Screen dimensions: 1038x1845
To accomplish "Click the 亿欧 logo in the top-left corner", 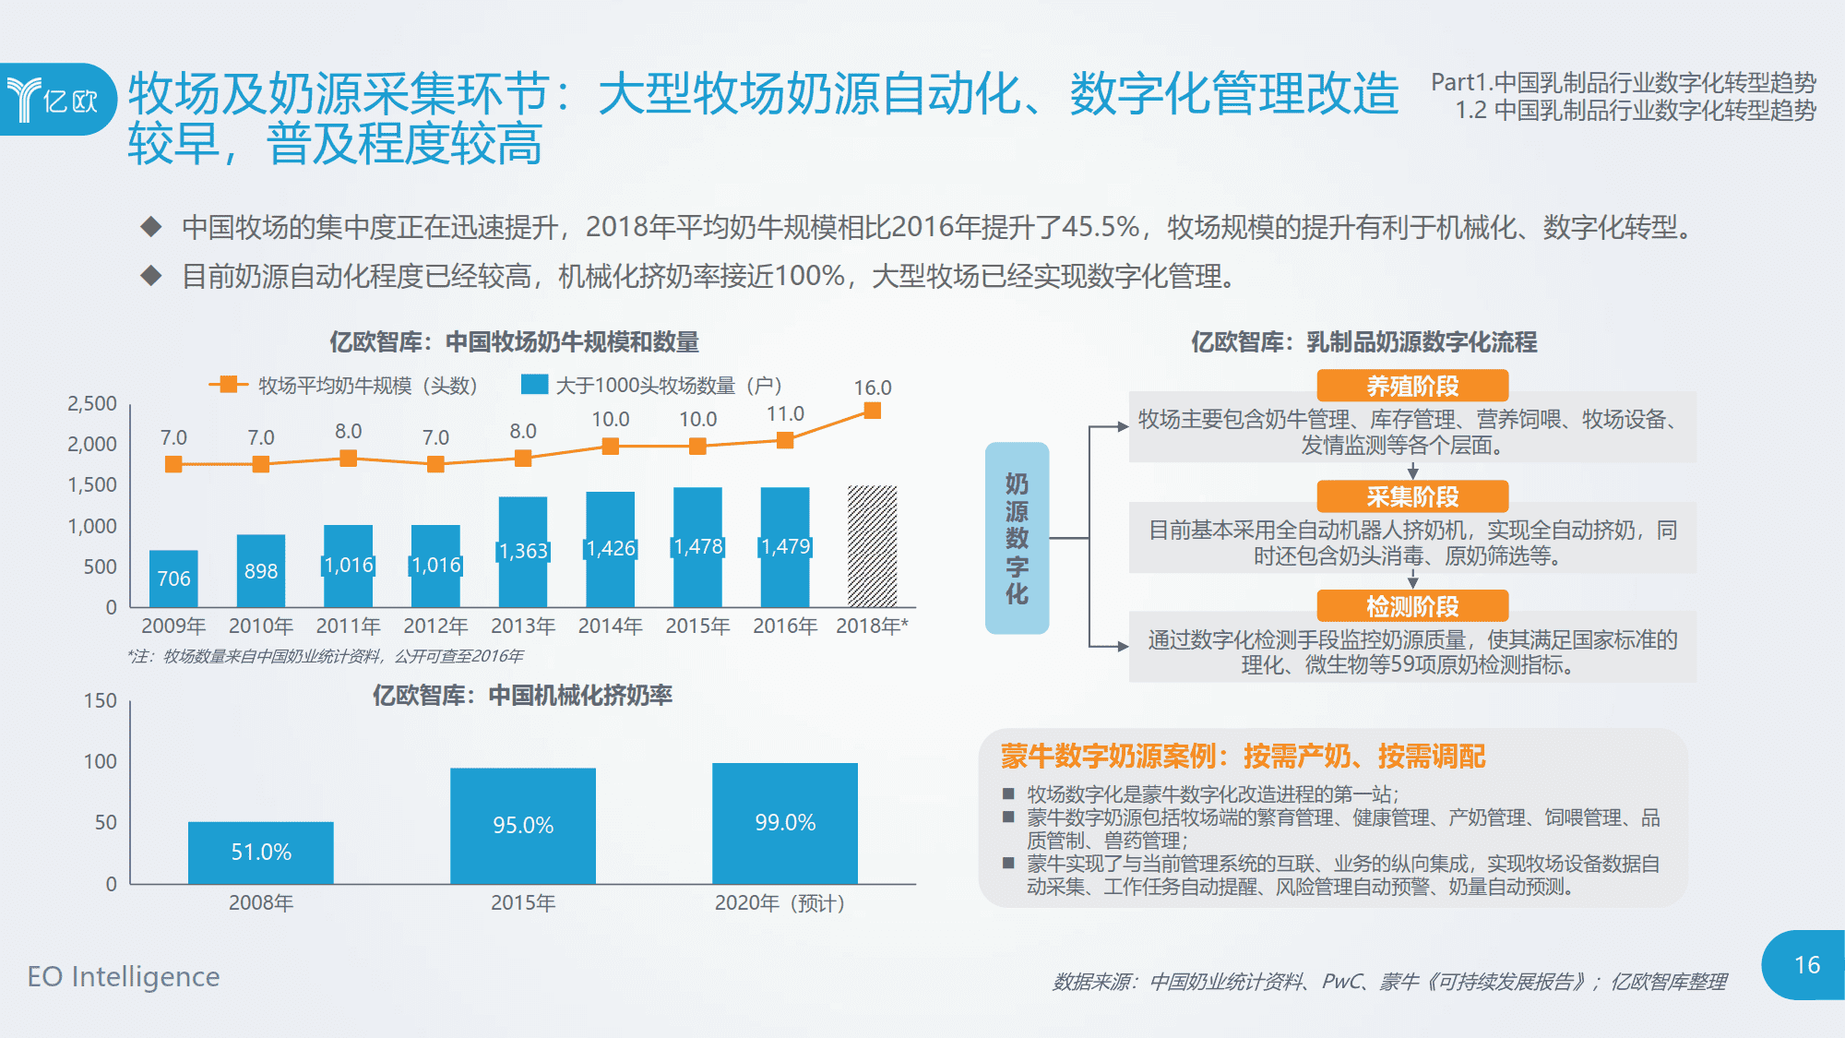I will [x=55, y=99].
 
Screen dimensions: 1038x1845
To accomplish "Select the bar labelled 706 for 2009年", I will [x=173, y=579].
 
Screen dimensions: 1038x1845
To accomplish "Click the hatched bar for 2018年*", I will [x=872, y=545].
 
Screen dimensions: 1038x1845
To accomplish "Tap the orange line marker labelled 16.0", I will [x=872, y=411].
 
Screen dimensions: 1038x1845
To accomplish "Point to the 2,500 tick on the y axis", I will [x=92, y=403].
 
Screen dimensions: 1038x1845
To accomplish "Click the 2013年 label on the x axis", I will [x=523, y=626].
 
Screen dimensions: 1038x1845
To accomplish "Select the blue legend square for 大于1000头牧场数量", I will [x=534, y=384].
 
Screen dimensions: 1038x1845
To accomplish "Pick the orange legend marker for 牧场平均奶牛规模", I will [x=228, y=384].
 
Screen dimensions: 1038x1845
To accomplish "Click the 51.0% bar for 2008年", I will [x=261, y=852].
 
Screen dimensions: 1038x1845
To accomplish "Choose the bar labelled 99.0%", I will [x=785, y=822].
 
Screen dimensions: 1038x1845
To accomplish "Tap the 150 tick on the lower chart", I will [x=101, y=700].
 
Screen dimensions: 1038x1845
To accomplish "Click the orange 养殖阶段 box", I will [x=1412, y=386].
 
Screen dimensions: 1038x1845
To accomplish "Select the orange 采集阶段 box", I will [x=1412, y=496].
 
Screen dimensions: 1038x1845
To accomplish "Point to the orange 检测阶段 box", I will [x=1412, y=606].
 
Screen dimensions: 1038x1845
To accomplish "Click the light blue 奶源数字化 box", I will [x=1017, y=538].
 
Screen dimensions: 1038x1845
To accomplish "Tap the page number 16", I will [x=1806, y=965].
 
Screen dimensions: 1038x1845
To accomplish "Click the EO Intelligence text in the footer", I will [x=124, y=976].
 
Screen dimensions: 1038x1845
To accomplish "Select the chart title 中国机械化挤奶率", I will [x=522, y=695].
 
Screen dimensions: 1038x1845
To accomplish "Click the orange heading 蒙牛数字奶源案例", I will [x=1243, y=757].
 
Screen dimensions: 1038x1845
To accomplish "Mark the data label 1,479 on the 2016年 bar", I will [x=785, y=546].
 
